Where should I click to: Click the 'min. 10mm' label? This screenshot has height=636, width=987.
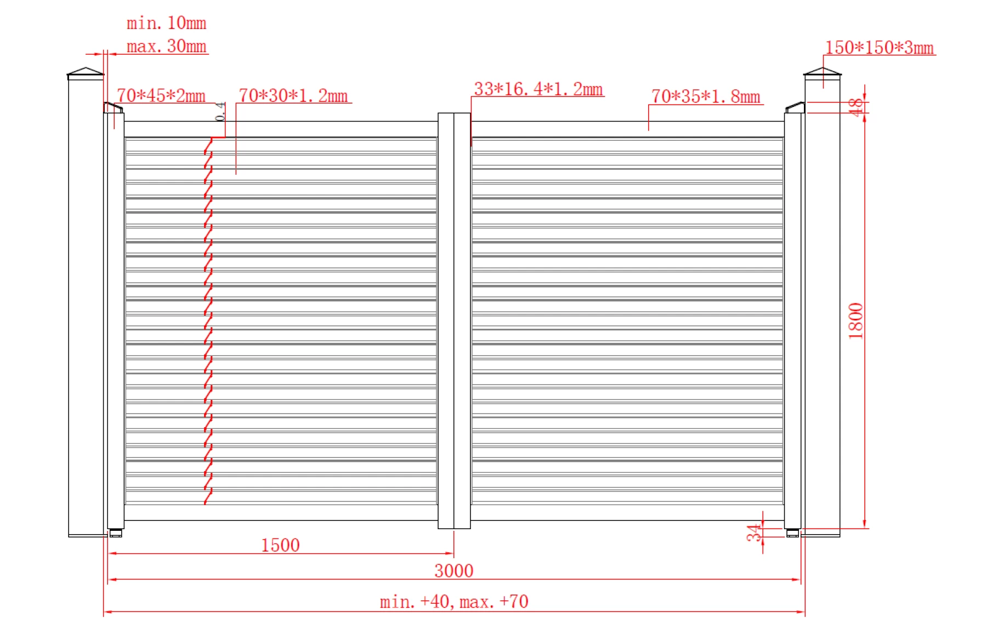click(x=166, y=23)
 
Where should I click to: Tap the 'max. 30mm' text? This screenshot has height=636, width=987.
click(x=166, y=47)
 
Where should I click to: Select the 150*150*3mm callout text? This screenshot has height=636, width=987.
click(x=879, y=48)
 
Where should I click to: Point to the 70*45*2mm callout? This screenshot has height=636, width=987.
click(x=161, y=95)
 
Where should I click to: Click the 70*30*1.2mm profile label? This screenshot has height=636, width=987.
click(x=293, y=96)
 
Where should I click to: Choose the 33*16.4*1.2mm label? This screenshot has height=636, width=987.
click(x=538, y=89)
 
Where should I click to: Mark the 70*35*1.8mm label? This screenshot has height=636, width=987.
click(x=705, y=96)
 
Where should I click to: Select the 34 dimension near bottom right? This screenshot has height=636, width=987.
click(x=754, y=532)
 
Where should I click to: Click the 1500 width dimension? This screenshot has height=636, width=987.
click(x=280, y=545)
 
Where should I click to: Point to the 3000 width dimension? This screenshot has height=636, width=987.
click(x=453, y=571)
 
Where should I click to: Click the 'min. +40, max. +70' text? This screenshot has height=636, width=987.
click(x=453, y=601)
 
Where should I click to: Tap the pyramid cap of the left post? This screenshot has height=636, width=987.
click(x=86, y=72)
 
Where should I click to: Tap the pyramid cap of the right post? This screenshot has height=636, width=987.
click(x=822, y=72)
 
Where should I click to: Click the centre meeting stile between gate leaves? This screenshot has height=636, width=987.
click(x=454, y=320)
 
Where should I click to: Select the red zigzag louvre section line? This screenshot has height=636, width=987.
click(x=208, y=320)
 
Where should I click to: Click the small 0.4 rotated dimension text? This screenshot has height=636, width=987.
click(x=220, y=112)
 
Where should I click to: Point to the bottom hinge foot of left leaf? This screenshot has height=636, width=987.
click(x=116, y=533)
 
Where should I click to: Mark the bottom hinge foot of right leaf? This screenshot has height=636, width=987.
click(x=792, y=533)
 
